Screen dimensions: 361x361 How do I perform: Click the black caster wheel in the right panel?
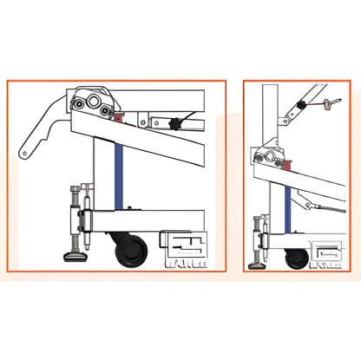coord(296,258)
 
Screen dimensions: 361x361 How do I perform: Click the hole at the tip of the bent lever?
coord(25,154)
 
